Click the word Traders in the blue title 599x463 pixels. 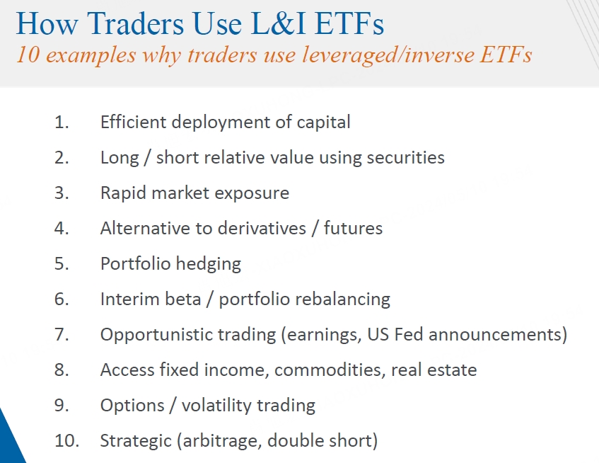point(136,23)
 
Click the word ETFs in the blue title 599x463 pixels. point(349,23)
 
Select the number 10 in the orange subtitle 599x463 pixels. point(28,55)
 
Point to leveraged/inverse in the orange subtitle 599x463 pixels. point(388,55)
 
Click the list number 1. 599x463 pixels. point(62,122)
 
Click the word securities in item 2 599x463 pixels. point(406,158)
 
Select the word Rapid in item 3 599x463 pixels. point(123,193)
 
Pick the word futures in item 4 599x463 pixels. point(353,228)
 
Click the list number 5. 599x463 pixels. point(62,264)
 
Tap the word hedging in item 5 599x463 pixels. point(209,264)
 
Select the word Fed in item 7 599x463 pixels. point(409,335)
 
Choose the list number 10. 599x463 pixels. point(67,441)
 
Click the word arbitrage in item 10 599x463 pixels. point(222,441)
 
